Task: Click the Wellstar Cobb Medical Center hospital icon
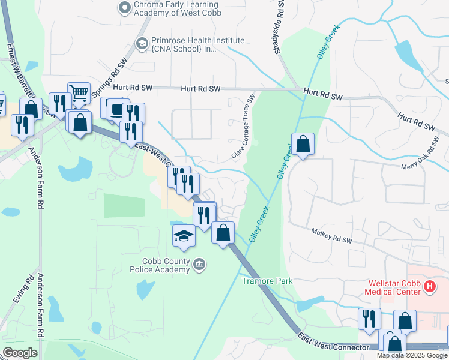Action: point(429,287)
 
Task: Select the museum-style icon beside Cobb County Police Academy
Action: point(199,263)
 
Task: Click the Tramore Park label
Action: point(267,281)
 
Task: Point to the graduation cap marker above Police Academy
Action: point(184,236)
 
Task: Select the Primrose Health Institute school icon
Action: point(142,43)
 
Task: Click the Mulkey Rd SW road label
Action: point(331,235)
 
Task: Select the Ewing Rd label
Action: point(28,289)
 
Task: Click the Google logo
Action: point(20,352)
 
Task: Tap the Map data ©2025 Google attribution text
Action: point(412,355)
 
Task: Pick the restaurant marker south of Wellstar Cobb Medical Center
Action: point(369,319)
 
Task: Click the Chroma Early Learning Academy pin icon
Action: point(125,8)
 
